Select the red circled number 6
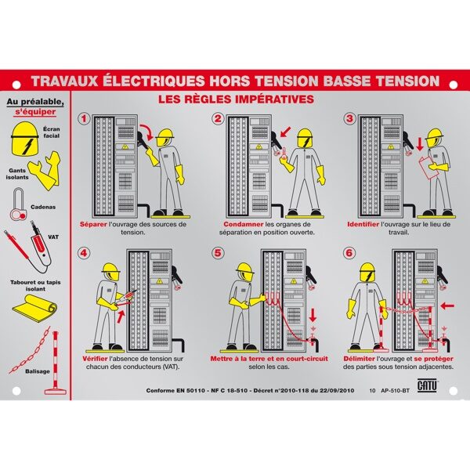pos(349,253)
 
